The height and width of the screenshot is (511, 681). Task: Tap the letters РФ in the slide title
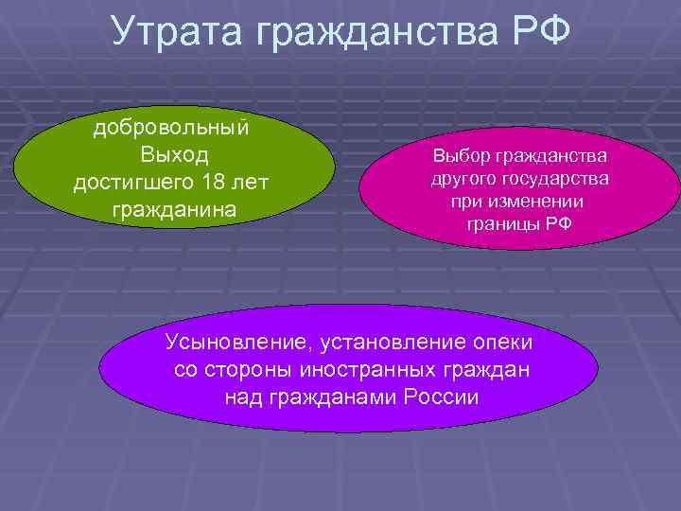pos(543,30)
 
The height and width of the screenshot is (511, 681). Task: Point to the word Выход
pos(174,154)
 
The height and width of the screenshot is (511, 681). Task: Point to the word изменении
pos(537,202)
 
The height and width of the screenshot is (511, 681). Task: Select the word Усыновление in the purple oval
pos(236,342)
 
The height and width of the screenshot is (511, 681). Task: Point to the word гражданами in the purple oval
pos(328,396)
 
